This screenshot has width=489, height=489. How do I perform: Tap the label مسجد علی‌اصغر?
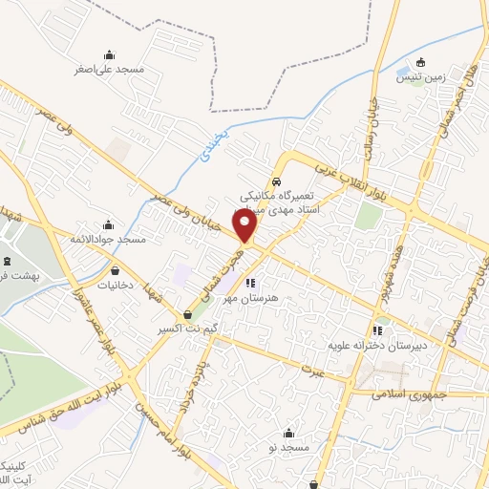pos(110,70)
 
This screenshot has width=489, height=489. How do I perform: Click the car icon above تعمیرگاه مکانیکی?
pos(276,181)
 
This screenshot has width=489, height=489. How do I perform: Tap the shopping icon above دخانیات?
pos(116,270)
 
